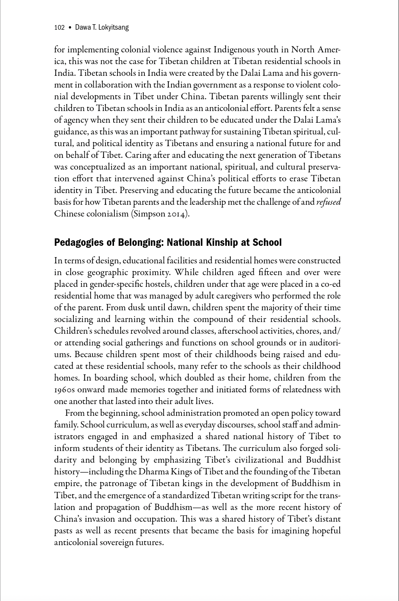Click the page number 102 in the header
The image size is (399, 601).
pos(59,27)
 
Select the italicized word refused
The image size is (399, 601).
pos(328,202)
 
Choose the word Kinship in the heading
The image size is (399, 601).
pos(219,243)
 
